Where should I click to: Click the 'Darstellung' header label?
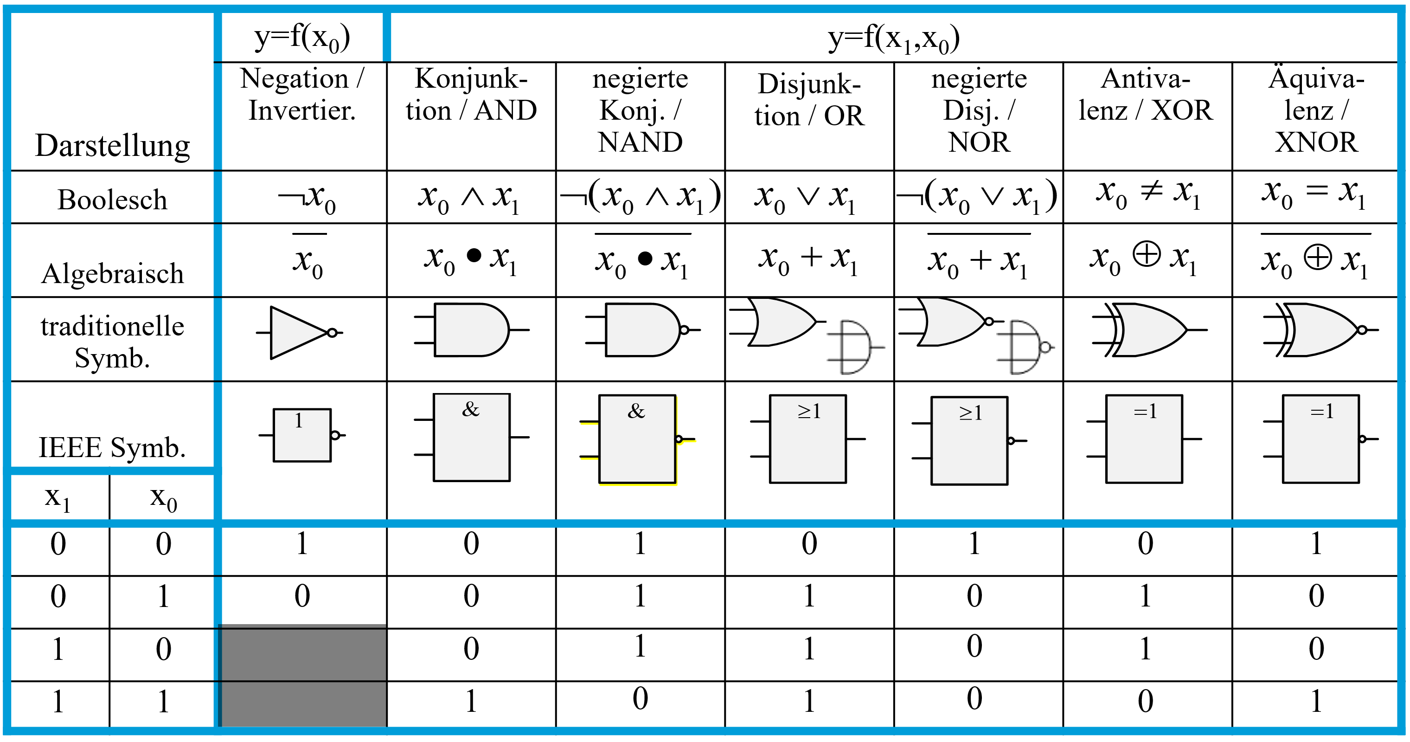click(112, 146)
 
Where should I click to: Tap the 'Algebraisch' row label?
click(112, 273)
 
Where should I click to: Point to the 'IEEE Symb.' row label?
click(112, 447)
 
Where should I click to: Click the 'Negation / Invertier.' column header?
click(302, 94)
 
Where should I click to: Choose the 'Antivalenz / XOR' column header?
click(1146, 94)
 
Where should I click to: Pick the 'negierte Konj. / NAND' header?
click(640, 110)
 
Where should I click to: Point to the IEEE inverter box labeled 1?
click(301, 435)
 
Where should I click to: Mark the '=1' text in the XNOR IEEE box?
click(1321, 411)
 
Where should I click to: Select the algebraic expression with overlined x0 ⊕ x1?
click(1315, 259)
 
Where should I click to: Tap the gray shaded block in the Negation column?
click(303, 676)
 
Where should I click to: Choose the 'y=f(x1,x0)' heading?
click(893, 39)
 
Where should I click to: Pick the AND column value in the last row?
click(471, 702)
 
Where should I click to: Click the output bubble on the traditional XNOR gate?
click(1362, 329)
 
